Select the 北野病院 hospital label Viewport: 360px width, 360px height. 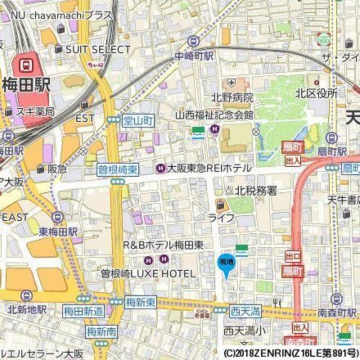coord(232,97)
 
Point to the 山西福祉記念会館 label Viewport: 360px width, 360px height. coord(214,115)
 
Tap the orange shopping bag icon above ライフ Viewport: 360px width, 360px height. coord(221,205)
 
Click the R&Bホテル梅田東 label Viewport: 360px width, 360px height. coord(163,245)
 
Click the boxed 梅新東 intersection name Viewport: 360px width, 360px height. coord(140,302)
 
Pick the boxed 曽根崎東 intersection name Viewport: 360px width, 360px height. coord(118,170)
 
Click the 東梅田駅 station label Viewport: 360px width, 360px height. coord(58,232)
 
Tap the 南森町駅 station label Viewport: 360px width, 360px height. coord(337,312)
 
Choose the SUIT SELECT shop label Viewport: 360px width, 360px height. coord(98,49)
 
